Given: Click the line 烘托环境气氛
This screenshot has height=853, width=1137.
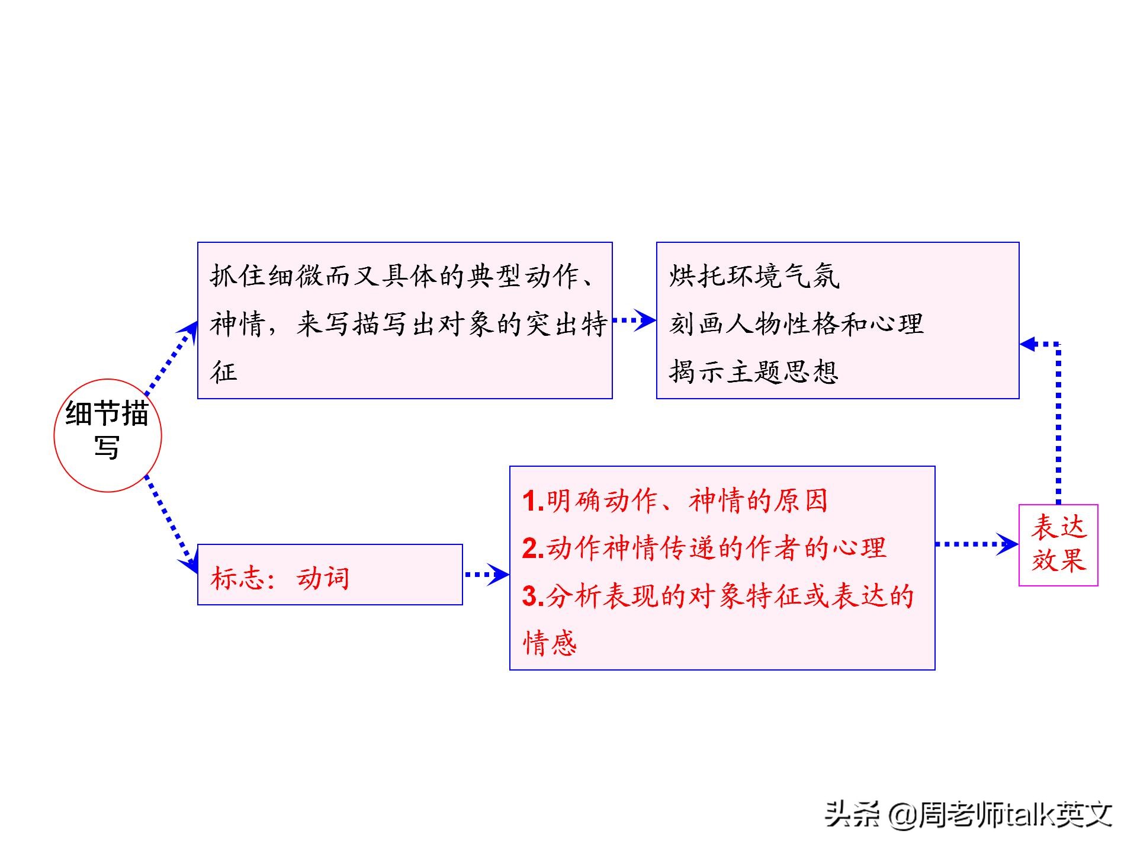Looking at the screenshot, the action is (x=754, y=276).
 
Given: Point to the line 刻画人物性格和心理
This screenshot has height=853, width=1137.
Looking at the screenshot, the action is (x=796, y=324).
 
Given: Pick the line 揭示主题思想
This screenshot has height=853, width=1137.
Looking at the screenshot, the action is (x=754, y=372).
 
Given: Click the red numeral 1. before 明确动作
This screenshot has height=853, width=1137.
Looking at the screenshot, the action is (x=533, y=502).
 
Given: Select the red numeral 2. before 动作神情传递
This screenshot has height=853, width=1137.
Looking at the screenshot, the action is (x=533, y=549).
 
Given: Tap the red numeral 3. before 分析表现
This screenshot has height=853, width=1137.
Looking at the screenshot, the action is (x=533, y=597).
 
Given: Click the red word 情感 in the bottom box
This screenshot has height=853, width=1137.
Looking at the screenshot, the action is (x=550, y=643).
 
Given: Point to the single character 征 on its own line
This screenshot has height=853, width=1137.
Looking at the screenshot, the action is (x=224, y=372).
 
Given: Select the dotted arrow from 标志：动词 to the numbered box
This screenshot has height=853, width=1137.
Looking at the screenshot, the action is (x=487, y=574).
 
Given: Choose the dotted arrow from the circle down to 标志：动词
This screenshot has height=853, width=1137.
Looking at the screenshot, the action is (x=172, y=524).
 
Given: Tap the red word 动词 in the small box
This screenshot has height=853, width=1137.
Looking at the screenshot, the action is (x=323, y=578).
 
